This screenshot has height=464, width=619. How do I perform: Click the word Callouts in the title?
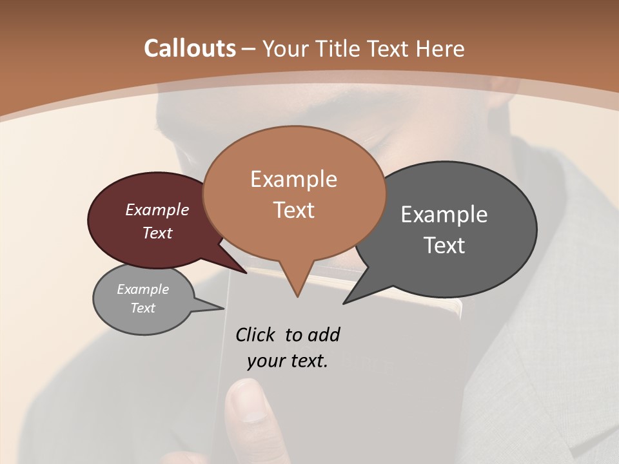190,48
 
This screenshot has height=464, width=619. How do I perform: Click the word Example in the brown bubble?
293,179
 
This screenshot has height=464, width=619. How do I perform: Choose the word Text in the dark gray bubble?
444,245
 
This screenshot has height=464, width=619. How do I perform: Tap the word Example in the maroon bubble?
157,209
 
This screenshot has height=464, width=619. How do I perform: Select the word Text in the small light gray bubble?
142,308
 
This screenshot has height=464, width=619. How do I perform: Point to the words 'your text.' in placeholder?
287,361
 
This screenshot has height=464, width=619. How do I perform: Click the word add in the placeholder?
324,334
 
